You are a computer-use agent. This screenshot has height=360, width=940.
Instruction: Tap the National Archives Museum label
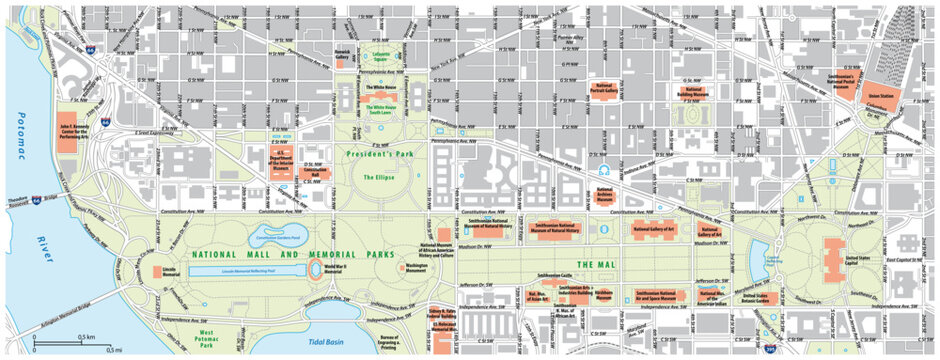click(x=605, y=197)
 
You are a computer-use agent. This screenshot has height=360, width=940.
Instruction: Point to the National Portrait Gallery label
click(x=604, y=88)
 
